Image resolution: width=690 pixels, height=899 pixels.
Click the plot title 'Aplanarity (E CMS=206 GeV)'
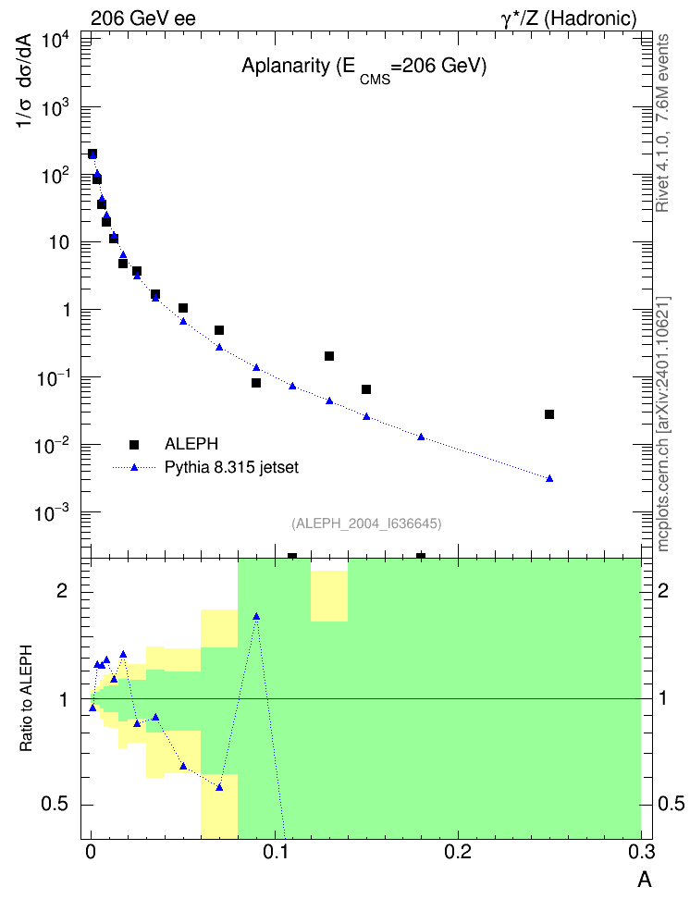point(363,68)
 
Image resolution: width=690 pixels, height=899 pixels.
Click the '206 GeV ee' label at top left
point(142,18)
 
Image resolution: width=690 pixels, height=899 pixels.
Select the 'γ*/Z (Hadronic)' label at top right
point(569,18)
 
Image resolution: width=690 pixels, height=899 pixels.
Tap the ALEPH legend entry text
point(191,444)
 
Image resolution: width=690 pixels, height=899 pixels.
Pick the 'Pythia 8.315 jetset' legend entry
point(232,467)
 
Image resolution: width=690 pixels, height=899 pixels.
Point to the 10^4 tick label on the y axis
point(55,42)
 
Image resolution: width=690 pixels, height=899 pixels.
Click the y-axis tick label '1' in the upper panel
point(66,311)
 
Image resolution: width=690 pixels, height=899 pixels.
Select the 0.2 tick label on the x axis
point(458,852)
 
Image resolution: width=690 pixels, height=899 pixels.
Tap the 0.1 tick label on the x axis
point(276,852)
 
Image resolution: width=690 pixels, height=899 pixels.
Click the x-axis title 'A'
point(645,880)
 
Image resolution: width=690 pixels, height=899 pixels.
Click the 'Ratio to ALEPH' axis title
point(26,698)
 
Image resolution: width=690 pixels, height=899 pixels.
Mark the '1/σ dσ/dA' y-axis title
point(26,80)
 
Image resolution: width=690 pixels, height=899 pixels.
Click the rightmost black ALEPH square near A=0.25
point(549,414)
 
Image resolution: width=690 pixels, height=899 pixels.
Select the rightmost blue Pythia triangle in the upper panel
point(549,478)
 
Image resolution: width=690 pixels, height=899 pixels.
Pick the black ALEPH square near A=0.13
point(329,356)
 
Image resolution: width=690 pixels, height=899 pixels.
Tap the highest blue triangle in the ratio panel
point(256,616)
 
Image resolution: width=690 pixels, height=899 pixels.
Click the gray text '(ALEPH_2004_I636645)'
point(366,523)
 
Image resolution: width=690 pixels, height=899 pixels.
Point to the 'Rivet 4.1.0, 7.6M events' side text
point(662,123)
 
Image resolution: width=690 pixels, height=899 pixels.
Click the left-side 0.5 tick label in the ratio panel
point(55,805)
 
